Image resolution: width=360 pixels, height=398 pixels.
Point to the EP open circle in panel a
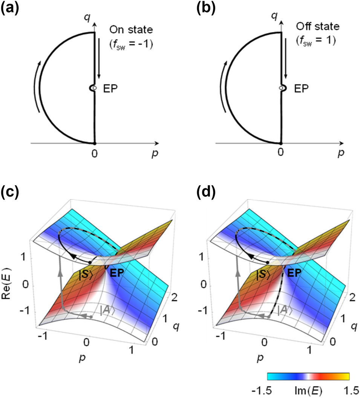(95, 88)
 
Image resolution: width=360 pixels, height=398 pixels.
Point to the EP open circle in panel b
(281, 88)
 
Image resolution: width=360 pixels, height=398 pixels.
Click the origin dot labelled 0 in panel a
(95, 143)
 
